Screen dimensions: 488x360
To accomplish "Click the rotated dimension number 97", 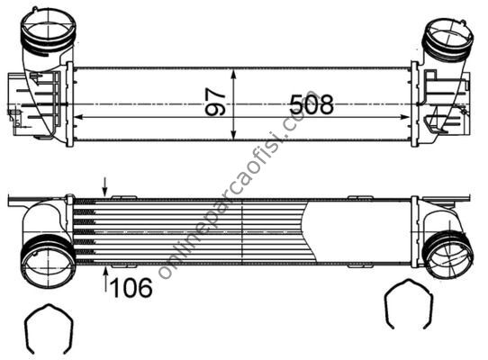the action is [x=215, y=102].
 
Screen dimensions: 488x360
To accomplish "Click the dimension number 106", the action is [x=131, y=287].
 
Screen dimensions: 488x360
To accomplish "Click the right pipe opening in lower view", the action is [x=449, y=255].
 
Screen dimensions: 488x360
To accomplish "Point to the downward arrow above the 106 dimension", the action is [x=105, y=187].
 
